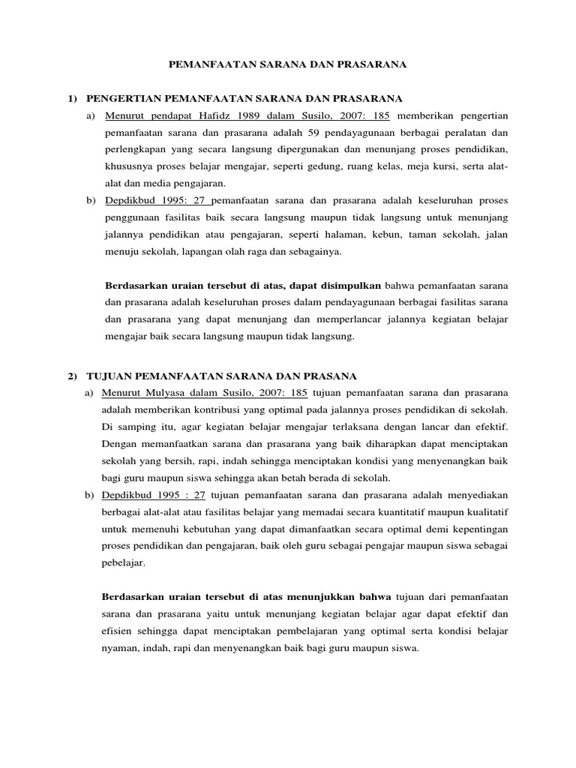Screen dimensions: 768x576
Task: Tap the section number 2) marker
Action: pyautogui.click(x=72, y=375)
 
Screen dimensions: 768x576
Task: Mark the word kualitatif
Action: pyautogui.click(x=484, y=512)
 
